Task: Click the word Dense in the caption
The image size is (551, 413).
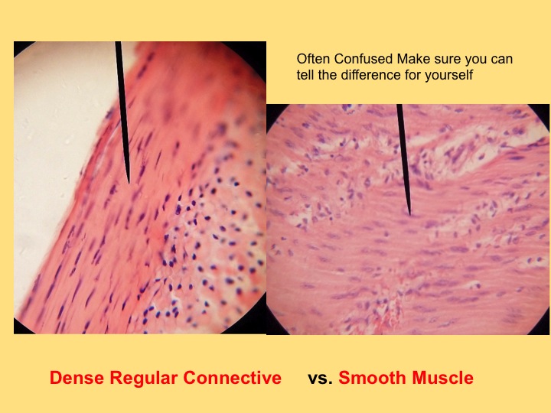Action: click(x=77, y=378)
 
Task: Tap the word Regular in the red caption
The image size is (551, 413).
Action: click(x=144, y=379)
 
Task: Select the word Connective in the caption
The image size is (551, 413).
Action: click(x=233, y=378)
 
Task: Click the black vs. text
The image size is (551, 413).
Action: click(x=320, y=379)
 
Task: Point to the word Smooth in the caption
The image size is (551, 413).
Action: click(x=372, y=378)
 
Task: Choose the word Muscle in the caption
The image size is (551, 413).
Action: click(x=442, y=378)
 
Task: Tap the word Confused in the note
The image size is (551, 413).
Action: click(x=363, y=59)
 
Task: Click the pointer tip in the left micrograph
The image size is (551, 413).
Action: click(x=129, y=184)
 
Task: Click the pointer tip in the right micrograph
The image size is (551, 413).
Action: click(x=409, y=215)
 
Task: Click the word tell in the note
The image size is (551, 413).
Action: click(x=305, y=75)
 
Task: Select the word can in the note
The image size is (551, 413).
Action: click(x=502, y=60)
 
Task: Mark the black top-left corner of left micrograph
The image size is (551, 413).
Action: click(x=18, y=45)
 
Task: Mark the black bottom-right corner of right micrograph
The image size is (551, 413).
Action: click(x=546, y=331)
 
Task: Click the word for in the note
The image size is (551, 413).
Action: click(x=413, y=75)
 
